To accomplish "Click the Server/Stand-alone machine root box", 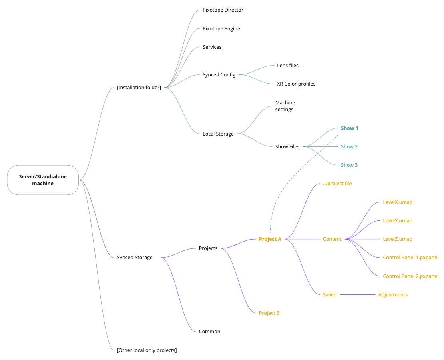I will coord(43,180).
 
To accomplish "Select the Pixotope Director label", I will coord(223,10).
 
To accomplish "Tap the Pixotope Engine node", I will coord(221,29).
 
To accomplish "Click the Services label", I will coord(212,47).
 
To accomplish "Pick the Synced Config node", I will coord(219,75).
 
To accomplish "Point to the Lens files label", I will coord(287,66).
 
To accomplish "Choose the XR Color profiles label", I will coord(296,84).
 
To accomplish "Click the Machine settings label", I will coord(285,106).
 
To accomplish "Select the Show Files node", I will coord(287,147).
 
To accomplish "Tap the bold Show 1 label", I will coord(349,128).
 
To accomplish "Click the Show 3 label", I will coord(349,165).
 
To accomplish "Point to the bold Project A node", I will coord(270,239).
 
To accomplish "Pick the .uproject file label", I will coord(337,184).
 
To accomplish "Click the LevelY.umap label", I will coord(397,221).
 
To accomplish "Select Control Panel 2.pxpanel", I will coord(410,276).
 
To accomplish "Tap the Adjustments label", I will coord(392,295).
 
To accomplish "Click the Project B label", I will coord(269,313).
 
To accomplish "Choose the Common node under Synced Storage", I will coord(209,332).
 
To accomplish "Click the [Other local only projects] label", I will coord(147,350).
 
